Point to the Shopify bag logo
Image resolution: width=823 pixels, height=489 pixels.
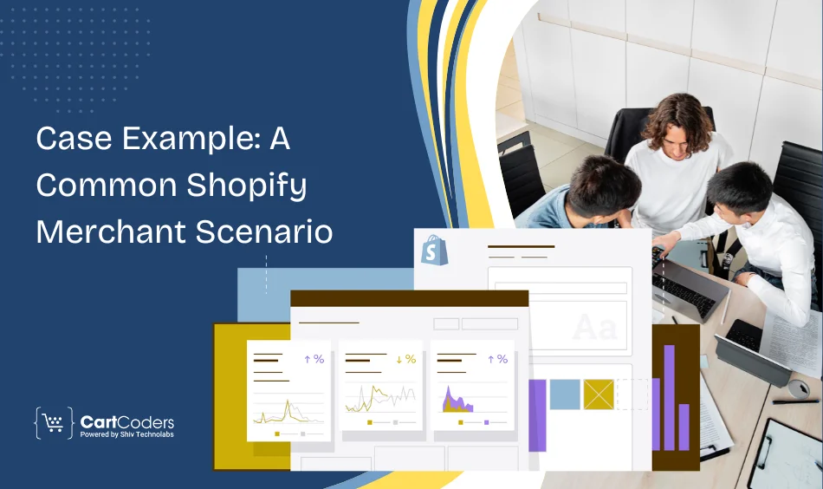tap(431, 251)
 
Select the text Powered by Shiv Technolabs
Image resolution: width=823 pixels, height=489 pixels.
tap(126, 434)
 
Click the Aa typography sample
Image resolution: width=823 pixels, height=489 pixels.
tap(594, 328)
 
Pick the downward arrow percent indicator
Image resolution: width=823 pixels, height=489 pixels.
tap(405, 359)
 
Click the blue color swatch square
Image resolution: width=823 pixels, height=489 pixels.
tap(565, 394)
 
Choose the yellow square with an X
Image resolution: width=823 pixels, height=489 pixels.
tap(598, 394)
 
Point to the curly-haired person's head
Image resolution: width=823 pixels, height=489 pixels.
tap(678, 121)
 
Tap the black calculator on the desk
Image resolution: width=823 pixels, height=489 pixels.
tap(746, 334)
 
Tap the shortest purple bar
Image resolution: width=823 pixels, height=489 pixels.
tap(684, 427)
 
